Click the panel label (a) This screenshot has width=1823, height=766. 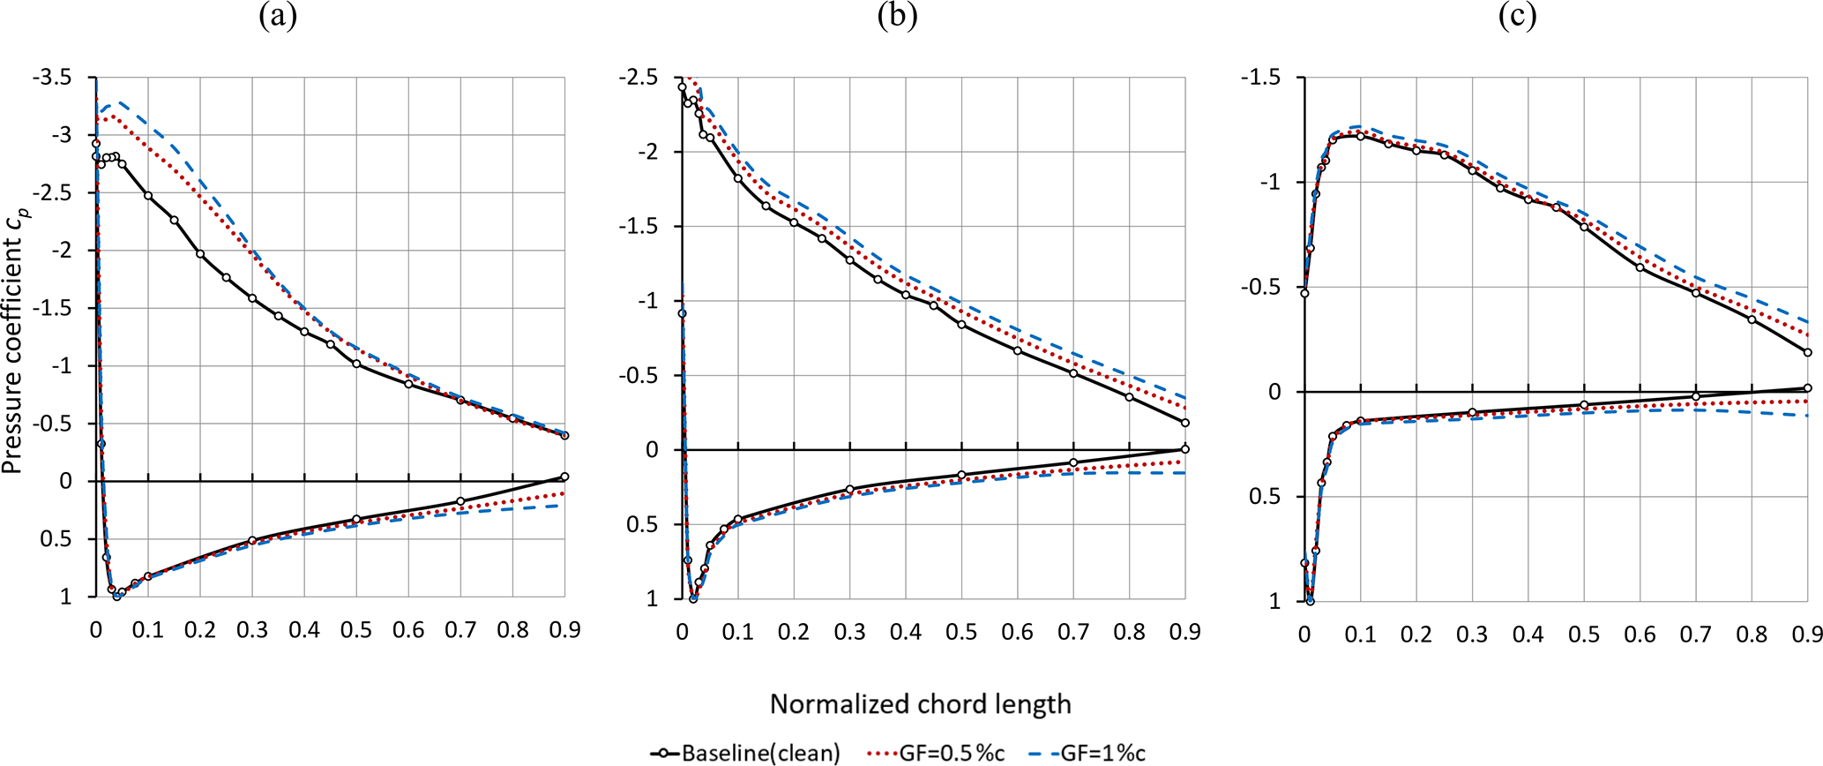tap(278, 17)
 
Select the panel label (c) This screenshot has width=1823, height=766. tap(1517, 17)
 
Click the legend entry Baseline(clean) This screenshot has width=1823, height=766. tap(745, 753)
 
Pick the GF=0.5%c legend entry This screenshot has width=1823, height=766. tap(937, 753)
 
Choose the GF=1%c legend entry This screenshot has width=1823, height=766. tap(1087, 753)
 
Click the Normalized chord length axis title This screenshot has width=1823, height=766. tap(920, 703)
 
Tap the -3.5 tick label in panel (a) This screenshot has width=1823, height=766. tap(53, 78)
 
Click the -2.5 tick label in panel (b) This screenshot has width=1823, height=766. tap(639, 78)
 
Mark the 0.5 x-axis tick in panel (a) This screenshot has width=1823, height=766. tap(356, 629)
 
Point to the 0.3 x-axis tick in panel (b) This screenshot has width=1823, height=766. tap(849, 632)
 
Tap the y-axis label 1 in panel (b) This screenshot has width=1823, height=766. tap(652, 598)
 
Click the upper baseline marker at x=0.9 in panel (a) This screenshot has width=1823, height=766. tap(564, 435)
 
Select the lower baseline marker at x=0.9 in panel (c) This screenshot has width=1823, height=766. tap(1807, 388)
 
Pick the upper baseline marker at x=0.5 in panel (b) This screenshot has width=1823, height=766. tap(961, 325)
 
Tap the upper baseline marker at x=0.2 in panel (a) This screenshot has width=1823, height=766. tap(200, 254)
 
